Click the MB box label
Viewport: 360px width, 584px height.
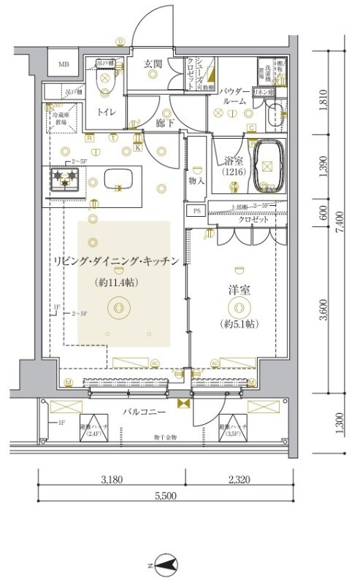coord(64,65)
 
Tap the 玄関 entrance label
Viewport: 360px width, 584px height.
coord(153,64)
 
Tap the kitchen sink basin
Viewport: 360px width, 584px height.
coord(118,178)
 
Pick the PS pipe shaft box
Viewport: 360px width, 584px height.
coord(196,211)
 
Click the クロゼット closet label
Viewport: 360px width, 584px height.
coord(253,219)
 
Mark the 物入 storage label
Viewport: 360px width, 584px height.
coord(195,180)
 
